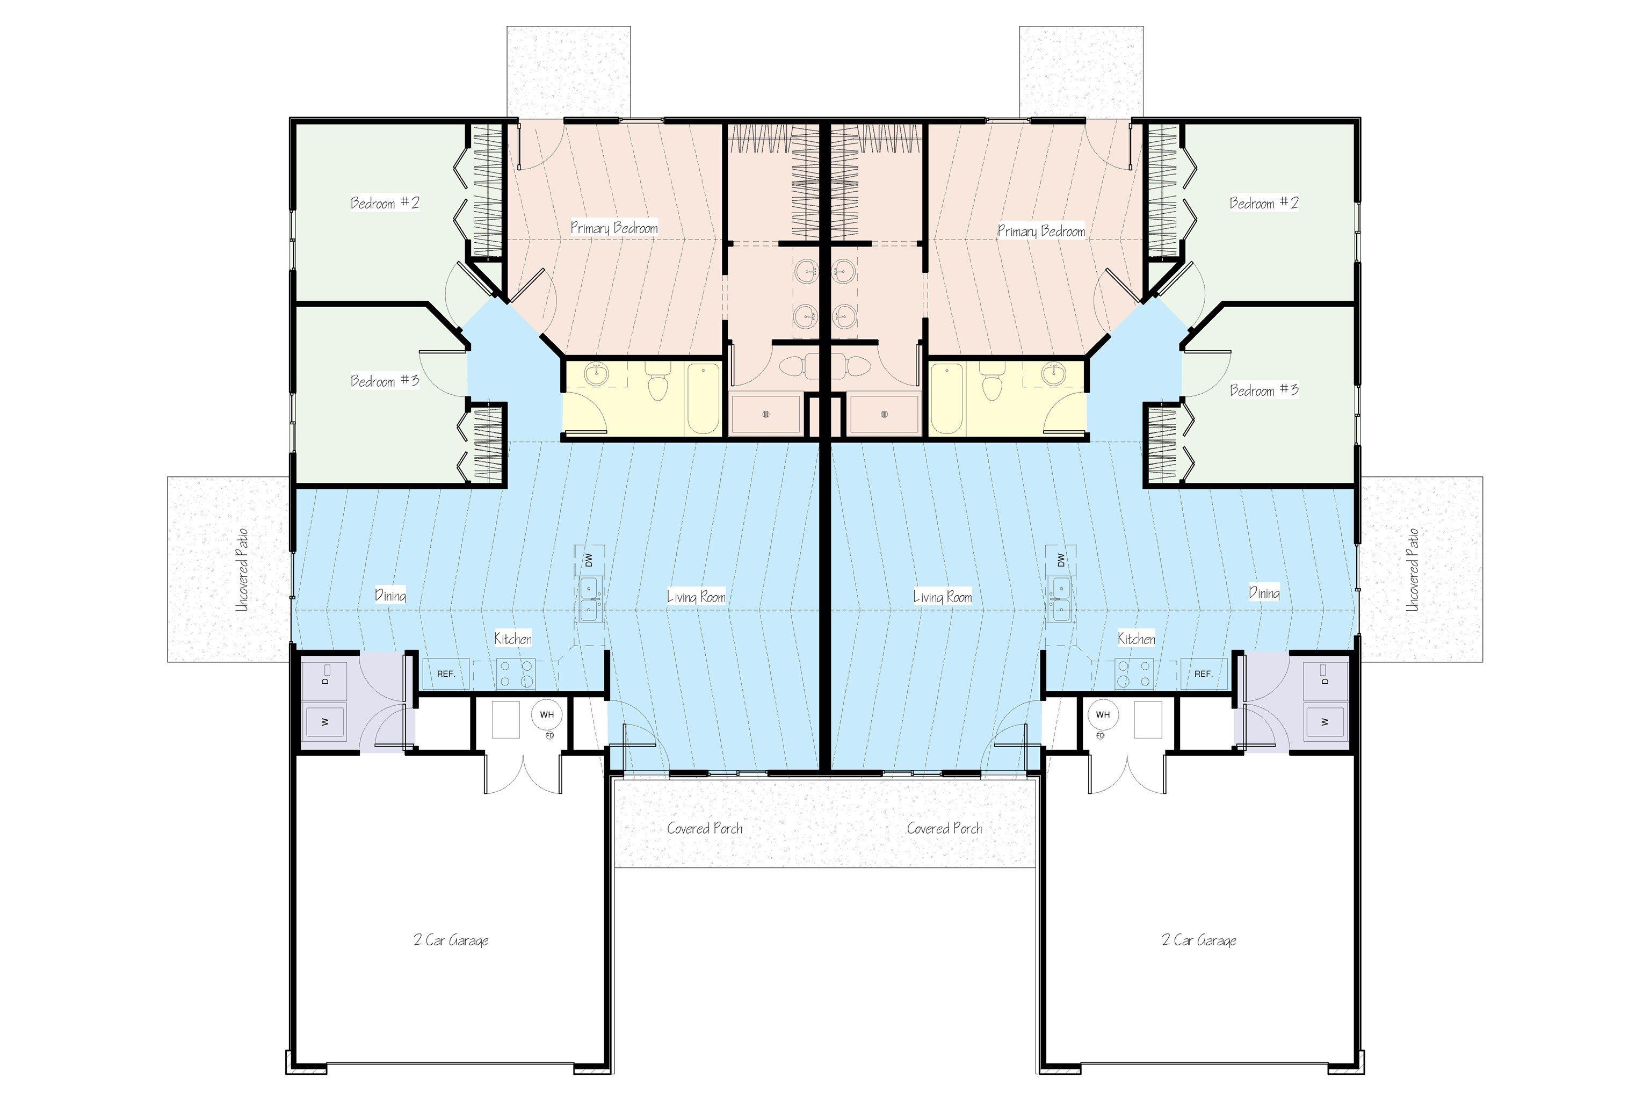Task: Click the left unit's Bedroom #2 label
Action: coord(385,202)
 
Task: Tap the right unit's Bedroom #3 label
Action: coord(1264,389)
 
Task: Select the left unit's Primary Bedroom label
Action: coord(614,227)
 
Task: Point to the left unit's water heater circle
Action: coord(546,715)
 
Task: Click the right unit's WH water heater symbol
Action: coord(1103,715)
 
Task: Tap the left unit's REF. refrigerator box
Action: coord(446,674)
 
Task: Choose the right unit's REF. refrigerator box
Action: coord(1204,674)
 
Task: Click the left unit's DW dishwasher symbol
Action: coord(589,560)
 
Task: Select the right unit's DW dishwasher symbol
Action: coord(1061,560)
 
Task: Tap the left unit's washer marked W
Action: coord(323,722)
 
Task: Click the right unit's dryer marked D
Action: coord(1325,679)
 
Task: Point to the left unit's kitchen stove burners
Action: coord(516,674)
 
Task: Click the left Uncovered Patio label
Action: coord(242,570)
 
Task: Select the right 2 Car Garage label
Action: coord(1199,940)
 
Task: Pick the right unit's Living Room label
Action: coord(942,597)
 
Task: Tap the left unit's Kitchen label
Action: coord(513,639)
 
